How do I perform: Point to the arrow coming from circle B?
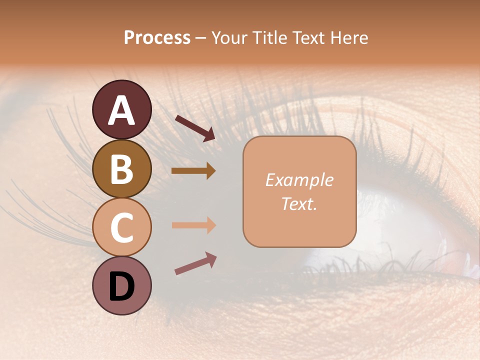[193, 171]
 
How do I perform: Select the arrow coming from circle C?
[193, 225]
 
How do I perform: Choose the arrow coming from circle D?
[195, 263]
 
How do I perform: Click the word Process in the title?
[157, 37]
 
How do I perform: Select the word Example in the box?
[299, 180]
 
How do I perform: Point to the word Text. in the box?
[299, 204]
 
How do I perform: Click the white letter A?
[121, 111]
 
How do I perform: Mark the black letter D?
[121, 287]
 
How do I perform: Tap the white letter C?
[121, 228]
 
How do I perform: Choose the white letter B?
[121, 169]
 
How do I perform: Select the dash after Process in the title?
[201, 38]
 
